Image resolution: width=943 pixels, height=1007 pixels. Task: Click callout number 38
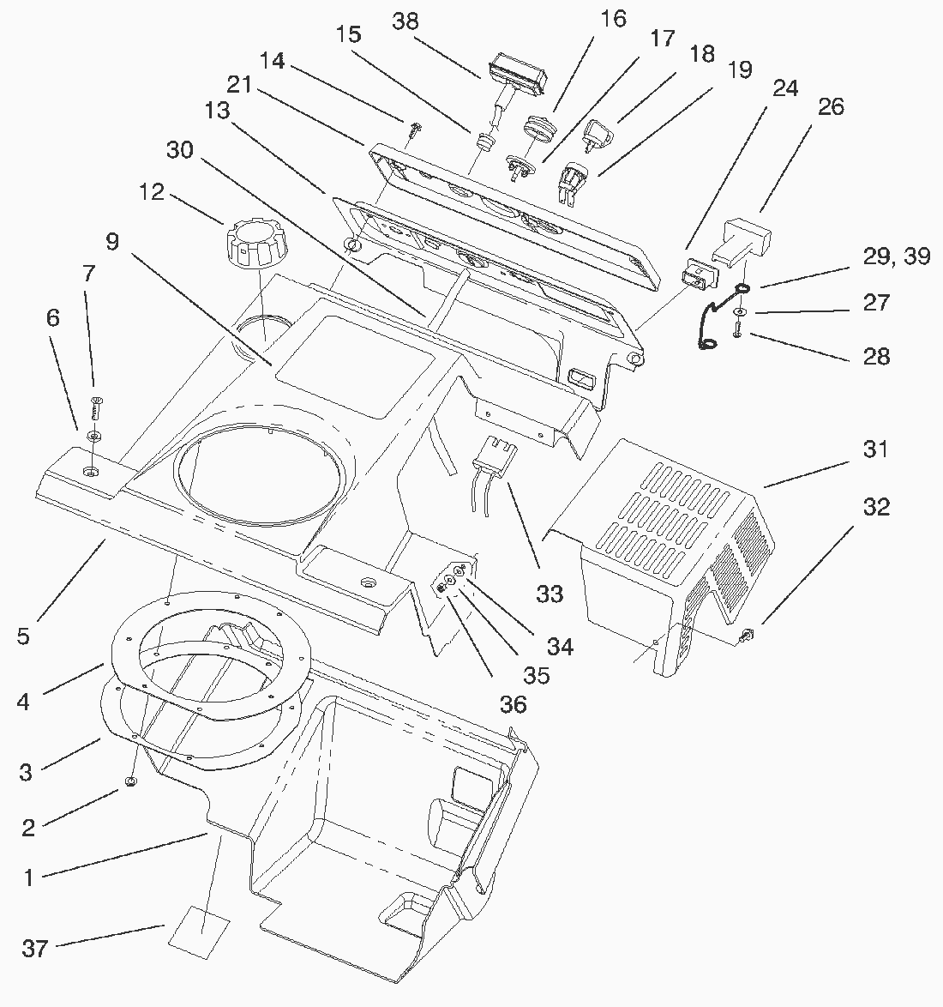point(405,21)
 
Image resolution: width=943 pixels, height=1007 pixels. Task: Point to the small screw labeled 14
point(416,130)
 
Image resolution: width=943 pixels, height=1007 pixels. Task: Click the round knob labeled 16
point(537,129)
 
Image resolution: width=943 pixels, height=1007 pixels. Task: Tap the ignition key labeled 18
point(596,133)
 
